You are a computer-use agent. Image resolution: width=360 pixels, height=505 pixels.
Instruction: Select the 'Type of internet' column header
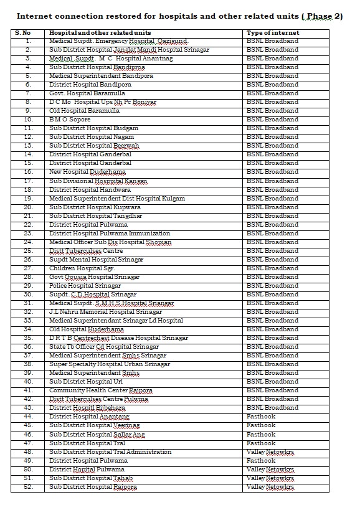(x=273, y=32)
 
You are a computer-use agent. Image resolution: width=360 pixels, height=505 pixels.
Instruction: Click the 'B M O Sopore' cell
(x=70, y=120)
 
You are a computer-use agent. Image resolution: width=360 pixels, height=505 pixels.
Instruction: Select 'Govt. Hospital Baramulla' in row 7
(x=87, y=93)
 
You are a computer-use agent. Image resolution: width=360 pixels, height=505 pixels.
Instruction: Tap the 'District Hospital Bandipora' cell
(x=90, y=85)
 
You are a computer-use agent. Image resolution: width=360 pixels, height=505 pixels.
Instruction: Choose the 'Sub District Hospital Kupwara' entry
(x=95, y=207)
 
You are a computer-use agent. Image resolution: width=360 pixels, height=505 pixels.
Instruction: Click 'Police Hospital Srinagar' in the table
(x=85, y=286)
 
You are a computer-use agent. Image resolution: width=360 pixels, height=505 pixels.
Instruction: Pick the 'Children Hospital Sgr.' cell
(x=83, y=268)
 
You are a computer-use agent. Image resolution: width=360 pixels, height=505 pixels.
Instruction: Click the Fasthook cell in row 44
(x=261, y=417)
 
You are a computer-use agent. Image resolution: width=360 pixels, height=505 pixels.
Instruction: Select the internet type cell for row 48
(x=270, y=452)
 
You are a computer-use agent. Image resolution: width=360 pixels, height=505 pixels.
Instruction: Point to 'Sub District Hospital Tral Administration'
(x=110, y=452)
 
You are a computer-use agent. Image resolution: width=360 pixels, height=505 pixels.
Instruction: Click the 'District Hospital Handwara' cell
(x=90, y=190)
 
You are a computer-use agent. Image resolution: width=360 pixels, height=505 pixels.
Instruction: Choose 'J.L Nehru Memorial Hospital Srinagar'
(x=106, y=312)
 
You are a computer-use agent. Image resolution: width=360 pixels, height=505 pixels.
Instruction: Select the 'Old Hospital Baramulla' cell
(x=85, y=111)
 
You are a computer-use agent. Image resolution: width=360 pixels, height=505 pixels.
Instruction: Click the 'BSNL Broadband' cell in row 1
(x=273, y=41)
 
